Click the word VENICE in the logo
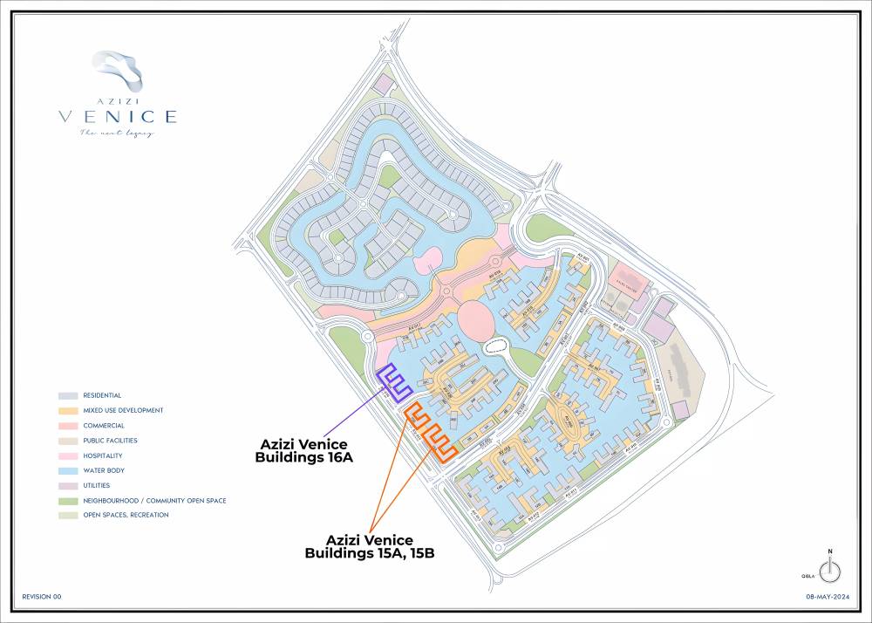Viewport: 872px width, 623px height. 118,116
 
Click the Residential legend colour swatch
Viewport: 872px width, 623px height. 67,395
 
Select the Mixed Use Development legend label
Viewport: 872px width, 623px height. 123,410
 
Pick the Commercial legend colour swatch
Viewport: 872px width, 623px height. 67,426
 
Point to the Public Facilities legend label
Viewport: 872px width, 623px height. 110,441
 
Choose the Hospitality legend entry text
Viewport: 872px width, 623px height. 103,455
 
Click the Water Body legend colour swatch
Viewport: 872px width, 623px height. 67,470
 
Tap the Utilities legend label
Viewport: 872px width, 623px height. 98,485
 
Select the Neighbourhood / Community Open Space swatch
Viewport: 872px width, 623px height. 67,501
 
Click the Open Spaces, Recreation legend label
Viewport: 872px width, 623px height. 126,515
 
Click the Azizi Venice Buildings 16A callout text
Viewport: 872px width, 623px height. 303,450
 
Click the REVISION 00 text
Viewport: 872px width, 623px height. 42,597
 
